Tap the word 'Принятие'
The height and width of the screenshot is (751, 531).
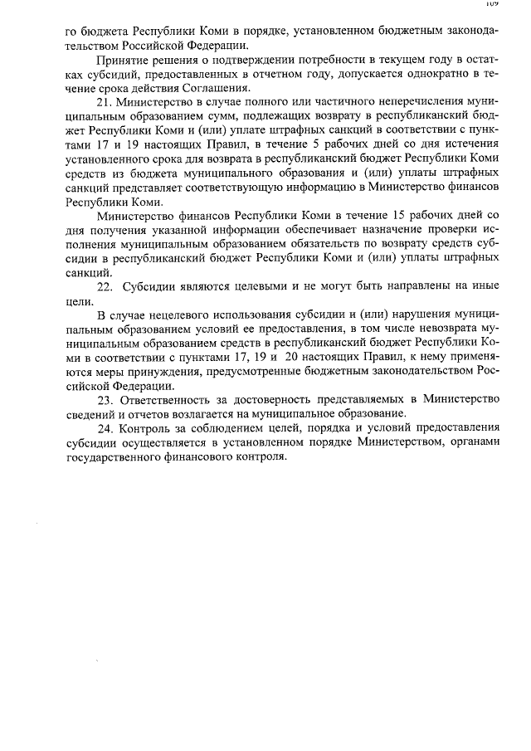[x=120, y=61]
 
